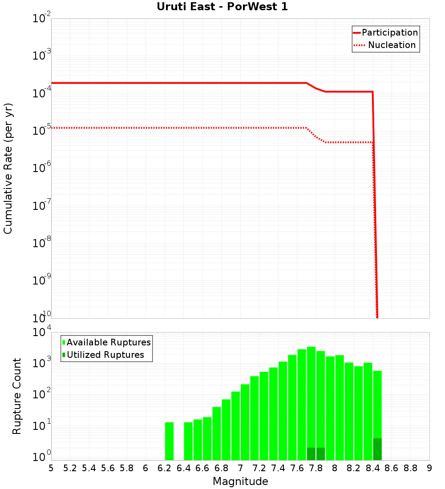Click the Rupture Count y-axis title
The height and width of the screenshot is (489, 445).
coord(17,396)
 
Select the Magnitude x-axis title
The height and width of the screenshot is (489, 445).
coord(240,481)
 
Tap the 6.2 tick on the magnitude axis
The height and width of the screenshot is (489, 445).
coord(165,468)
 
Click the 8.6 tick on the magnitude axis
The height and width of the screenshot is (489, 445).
coord(392,468)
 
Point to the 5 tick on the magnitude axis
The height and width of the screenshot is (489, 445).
coord(51,468)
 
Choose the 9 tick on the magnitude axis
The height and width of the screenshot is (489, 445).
coord(429,468)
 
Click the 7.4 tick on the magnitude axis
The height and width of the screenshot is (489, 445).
coord(278,468)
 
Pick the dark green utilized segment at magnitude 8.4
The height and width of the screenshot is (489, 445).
coord(377,449)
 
